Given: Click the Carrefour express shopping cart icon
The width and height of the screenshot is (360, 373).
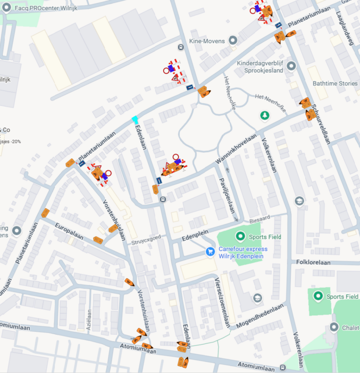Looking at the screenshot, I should (x=210, y=251).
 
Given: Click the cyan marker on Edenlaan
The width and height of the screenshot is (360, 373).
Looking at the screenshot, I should (x=135, y=119).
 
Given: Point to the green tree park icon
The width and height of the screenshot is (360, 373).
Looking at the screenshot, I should (x=264, y=116).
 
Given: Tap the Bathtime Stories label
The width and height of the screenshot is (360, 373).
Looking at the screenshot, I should (x=335, y=84).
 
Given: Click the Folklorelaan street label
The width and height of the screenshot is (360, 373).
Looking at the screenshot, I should (x=314, y=263).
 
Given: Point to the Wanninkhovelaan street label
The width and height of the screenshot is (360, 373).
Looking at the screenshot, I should (x=236, y=149).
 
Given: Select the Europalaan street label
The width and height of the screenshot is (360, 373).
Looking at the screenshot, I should (x=69, y=231).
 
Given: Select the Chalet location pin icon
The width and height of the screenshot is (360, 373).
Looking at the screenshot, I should (x=334, y=327).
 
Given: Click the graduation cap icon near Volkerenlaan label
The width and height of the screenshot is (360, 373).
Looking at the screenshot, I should (x=299, y=201).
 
